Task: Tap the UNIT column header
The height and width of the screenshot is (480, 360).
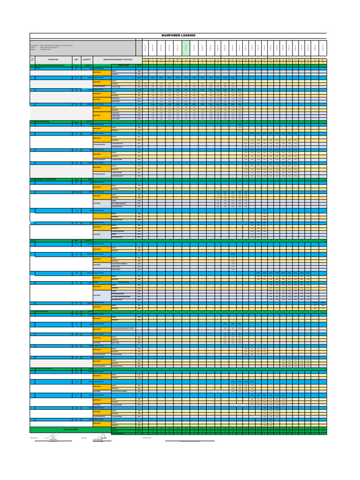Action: tap(76, 60)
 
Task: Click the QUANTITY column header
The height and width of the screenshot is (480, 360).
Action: tap(86, 60)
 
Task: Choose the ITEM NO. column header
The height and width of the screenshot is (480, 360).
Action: tap(32, 60)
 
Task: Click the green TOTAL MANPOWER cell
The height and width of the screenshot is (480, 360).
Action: tap(70, 429)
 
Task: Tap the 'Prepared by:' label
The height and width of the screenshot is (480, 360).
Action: tap(34, 438)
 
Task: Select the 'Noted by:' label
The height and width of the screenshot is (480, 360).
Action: tap(84, 438)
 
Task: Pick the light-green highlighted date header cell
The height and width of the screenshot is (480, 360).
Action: tap(186, 47)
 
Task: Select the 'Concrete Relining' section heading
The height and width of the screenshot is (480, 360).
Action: tap(44, 121)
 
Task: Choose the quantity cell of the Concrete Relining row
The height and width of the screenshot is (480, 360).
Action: tap(87, 121)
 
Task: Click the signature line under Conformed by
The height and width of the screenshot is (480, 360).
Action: tap(190, 441)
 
